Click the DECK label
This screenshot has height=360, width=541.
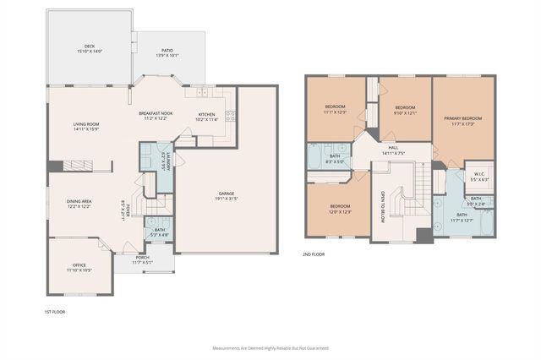(88, 46)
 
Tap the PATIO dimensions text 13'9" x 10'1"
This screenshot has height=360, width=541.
(167, 56)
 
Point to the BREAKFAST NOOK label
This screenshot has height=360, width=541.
(156, 113)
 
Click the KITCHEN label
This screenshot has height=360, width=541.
(206, 114)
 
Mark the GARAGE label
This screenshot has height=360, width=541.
(225, 194)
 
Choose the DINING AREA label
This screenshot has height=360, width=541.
(85, 201)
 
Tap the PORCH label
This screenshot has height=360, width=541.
(143, 258)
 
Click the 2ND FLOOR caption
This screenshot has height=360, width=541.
(314, 254)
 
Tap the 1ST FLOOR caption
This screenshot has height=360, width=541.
(55, 312)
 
